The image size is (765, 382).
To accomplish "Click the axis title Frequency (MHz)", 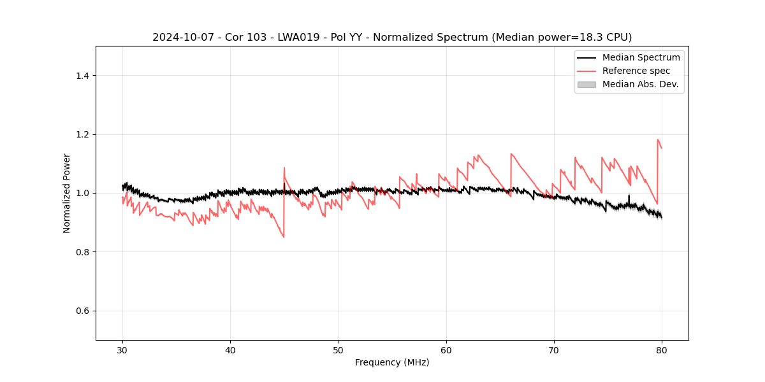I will click(392, 362).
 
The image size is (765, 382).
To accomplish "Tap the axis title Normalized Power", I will click(67, 193).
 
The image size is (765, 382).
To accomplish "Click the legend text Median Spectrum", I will click(641, 57).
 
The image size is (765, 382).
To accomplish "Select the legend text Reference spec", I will click(636, 71).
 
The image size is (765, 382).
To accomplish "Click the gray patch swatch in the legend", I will click(586, 84).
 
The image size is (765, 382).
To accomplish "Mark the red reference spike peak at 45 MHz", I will click(284, 168).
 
